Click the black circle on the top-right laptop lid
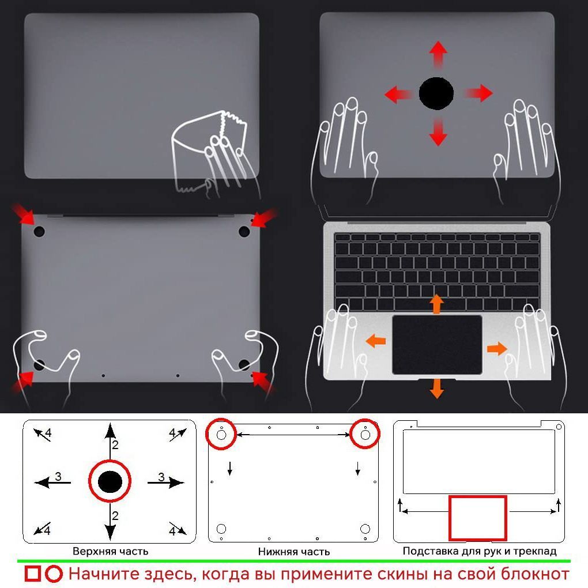click(436, 93)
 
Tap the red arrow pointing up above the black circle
click(438, 54)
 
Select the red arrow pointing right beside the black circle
click(478, 93)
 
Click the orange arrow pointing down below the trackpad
click(437, 389)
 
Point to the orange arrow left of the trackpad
click(375, 341)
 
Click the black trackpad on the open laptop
click(437, 345)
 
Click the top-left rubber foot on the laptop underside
click(39, 231)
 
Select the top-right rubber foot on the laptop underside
click(244, 231)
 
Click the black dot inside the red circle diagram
click(110, 481)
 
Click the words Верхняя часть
click(111, 551)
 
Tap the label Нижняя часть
click(294, 552)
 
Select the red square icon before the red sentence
click(33, 574)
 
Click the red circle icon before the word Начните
click(54, 574)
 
